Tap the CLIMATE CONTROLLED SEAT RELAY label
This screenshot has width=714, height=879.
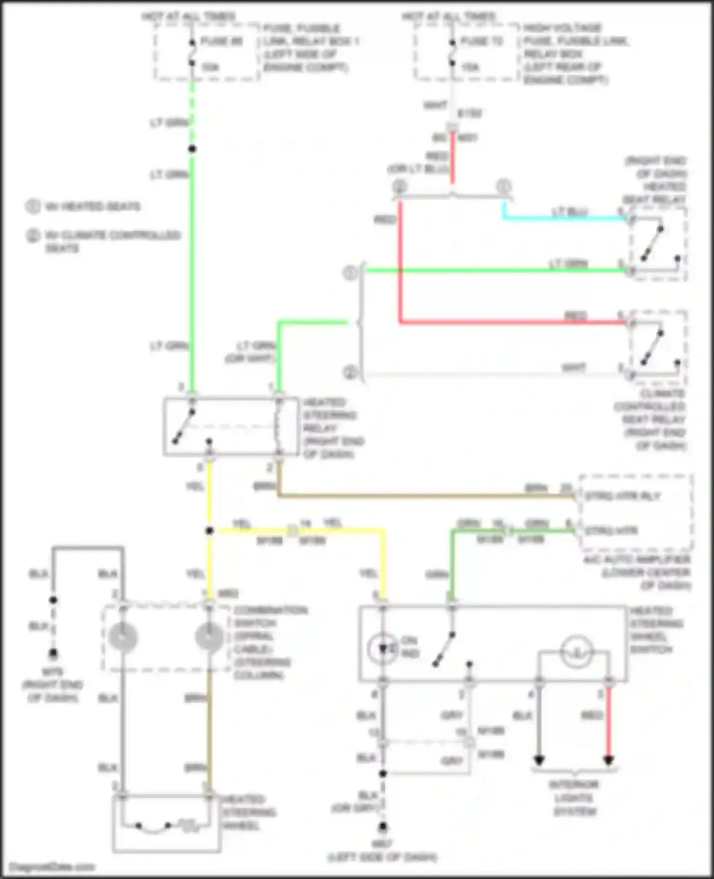click(650, 419)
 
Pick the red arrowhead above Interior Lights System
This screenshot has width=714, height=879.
click(608, 760)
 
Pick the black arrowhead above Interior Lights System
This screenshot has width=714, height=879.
click(539, 760)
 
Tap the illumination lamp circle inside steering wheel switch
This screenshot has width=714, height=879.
click(576, 651)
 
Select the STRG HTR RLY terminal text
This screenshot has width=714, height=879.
click(622, 496)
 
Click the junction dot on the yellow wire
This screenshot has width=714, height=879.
click(209, 530)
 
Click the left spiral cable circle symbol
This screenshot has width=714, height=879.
click(122, 637)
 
